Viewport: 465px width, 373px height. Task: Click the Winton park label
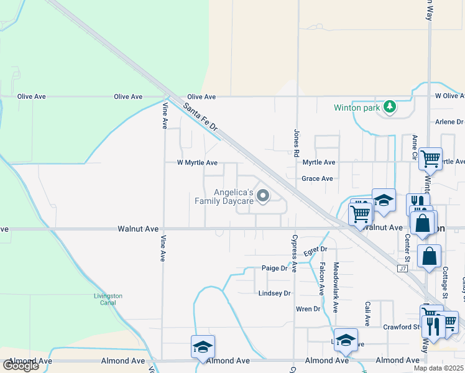click(x=356, y=108)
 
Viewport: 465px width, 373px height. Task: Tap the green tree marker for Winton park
click(x=390, y=107)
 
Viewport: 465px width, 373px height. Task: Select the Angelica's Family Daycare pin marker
click(x=263, y=196)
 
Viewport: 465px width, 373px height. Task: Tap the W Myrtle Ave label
click(x=197, y=163)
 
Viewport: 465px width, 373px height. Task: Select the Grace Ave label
click(x=318, y=178)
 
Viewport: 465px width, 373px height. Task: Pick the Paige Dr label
click(x=274, y=269)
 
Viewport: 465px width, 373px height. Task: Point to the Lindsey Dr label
click(x=275, y=293)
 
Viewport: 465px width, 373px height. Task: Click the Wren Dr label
click(x=308, y=309)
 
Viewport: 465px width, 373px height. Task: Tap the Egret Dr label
click(x=315, y=251)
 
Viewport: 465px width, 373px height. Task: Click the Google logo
click(x=21, y=366)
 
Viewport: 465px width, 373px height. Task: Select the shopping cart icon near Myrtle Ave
click(x=430, y=159)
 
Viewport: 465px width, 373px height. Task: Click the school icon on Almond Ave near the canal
click(x=203, y=347)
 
